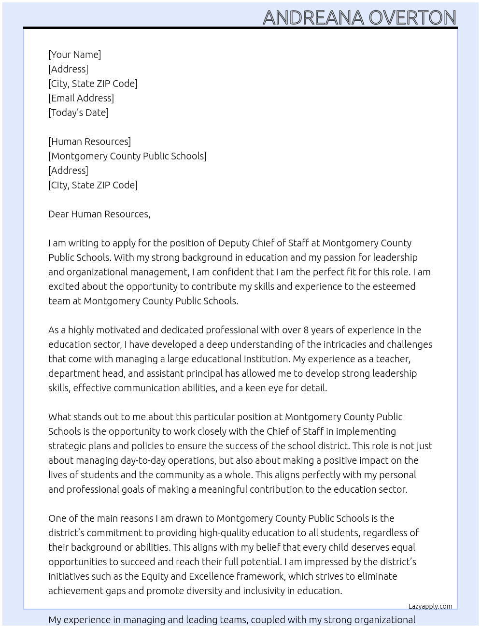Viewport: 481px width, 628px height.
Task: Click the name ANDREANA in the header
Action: point(313,18)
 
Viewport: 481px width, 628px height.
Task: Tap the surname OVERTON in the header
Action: point(412,18)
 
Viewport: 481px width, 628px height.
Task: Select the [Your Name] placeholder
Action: point(74,55)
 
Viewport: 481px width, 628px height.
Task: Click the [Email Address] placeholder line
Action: point(81,98)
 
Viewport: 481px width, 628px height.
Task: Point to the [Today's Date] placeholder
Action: point(78,113)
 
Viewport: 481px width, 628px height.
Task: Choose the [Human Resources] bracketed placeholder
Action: point(89,142)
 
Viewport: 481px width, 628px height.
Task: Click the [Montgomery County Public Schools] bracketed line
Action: point(127,156)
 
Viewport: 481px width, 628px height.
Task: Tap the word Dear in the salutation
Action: point(58,214)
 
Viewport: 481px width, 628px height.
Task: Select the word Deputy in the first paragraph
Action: point(234,243)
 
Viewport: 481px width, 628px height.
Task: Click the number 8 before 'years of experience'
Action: point(306,330)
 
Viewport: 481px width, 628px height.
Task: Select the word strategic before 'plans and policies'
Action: point(67,446)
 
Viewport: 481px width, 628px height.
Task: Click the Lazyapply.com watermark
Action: point(430,606)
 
